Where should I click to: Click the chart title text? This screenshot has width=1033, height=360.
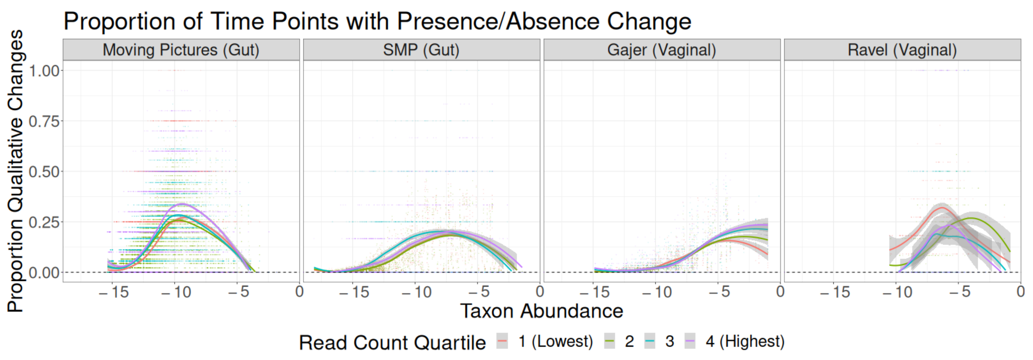click(377, 21)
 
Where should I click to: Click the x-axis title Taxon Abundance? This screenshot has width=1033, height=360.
click(541, 311)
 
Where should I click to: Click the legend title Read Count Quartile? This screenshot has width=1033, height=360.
click(392, 343)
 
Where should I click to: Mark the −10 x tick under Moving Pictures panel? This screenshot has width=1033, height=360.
click(176, 292)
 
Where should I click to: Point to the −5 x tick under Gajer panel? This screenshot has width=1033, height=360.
click(719, 292)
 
